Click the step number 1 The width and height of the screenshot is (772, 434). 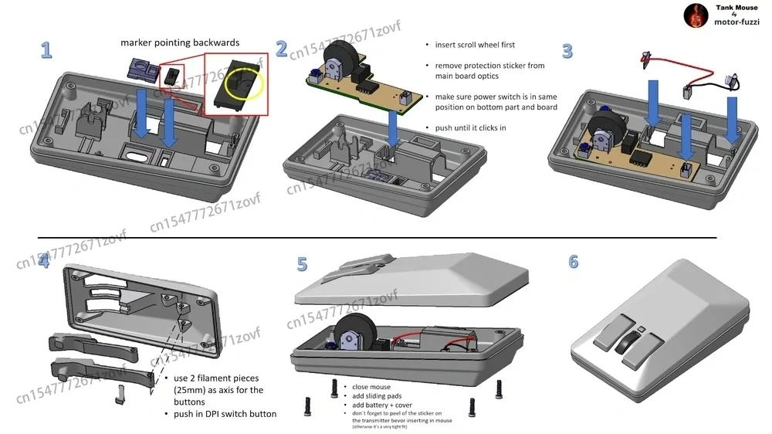[46, 51]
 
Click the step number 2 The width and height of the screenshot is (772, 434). [282, 49]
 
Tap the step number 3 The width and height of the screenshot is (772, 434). [567, 52]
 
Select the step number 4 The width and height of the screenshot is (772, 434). [44, 261]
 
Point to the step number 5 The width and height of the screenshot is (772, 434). [302, 264]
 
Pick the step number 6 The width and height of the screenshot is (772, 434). [573, 262]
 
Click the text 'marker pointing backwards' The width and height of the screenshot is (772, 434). [179, 42]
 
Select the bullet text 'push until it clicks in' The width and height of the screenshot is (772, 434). [470, 127]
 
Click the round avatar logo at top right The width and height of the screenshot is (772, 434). [696, 15]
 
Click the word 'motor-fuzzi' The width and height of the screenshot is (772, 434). [737, 22]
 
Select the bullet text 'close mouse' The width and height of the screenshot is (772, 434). [371, 387]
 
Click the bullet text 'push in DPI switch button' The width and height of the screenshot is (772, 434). [220, 414]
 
